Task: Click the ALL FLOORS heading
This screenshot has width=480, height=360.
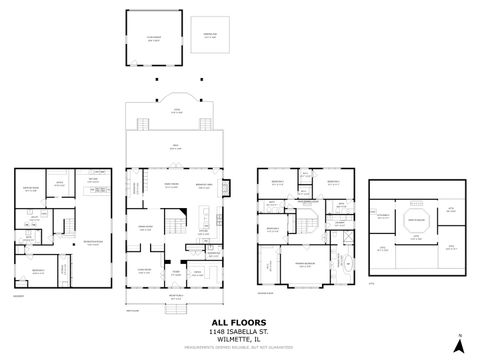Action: click(x=239, y=322)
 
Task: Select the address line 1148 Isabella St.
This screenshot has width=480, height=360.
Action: click(x=239, y=331)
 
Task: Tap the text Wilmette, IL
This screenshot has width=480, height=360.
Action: click(x=239, y=339)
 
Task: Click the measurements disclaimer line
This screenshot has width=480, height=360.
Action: click(x=239, y=347)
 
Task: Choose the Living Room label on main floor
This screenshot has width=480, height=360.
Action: click(x=144, y=270)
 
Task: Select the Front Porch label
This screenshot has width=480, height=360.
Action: click(x=176, y=297)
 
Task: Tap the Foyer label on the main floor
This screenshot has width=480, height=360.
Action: click(x=175, y=271)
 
